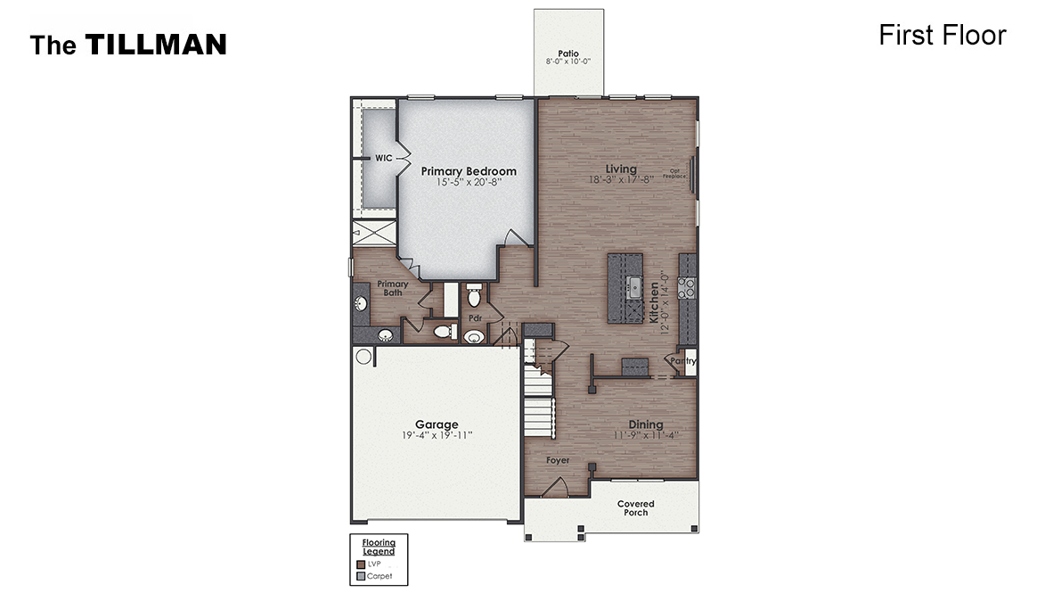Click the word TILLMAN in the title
tap(156, 45)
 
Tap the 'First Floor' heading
tap(942, 35)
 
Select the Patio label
tap(568, 54)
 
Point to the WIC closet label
tap(383, 158)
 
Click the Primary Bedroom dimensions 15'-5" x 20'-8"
tap(469, 182)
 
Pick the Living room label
tap(621, 169)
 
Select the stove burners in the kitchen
tap(688, 287)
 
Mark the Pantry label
tap(683, 361)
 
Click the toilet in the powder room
tap(474, 294)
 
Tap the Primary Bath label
tap(393, 288)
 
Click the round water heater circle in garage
tap(363, 356)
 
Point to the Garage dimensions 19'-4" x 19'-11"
tap(437, 435)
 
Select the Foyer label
tap(559, 461)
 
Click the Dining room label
tap(646, 424)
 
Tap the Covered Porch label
tap(636, 508)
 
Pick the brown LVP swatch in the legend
tap(360, 564)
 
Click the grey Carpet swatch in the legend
tap(360, 576)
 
